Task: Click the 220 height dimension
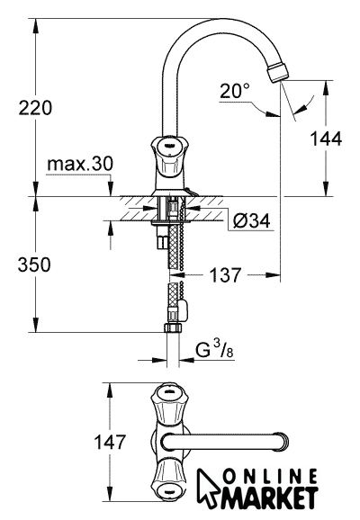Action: pyautogui.click(x=35, y=108)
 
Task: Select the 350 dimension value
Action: pyautogui.click(x=34, y=264)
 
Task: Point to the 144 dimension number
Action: pyautogui.click(x=326, y=139)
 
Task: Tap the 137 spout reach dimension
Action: pyautogui.click(x=225, y=275)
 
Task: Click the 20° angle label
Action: pyautogui.click(x=235, y=91)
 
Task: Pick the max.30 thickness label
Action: pyautogui.click(x=80, y=164)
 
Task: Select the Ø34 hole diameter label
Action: pyautogui.click(x=251, y=221)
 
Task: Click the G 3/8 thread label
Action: pyautogui.click(x=214, y=350)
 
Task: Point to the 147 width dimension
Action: pyautogui.click(x=110, y=442)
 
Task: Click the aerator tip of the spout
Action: pyautogui.click(x=279, y=71)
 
